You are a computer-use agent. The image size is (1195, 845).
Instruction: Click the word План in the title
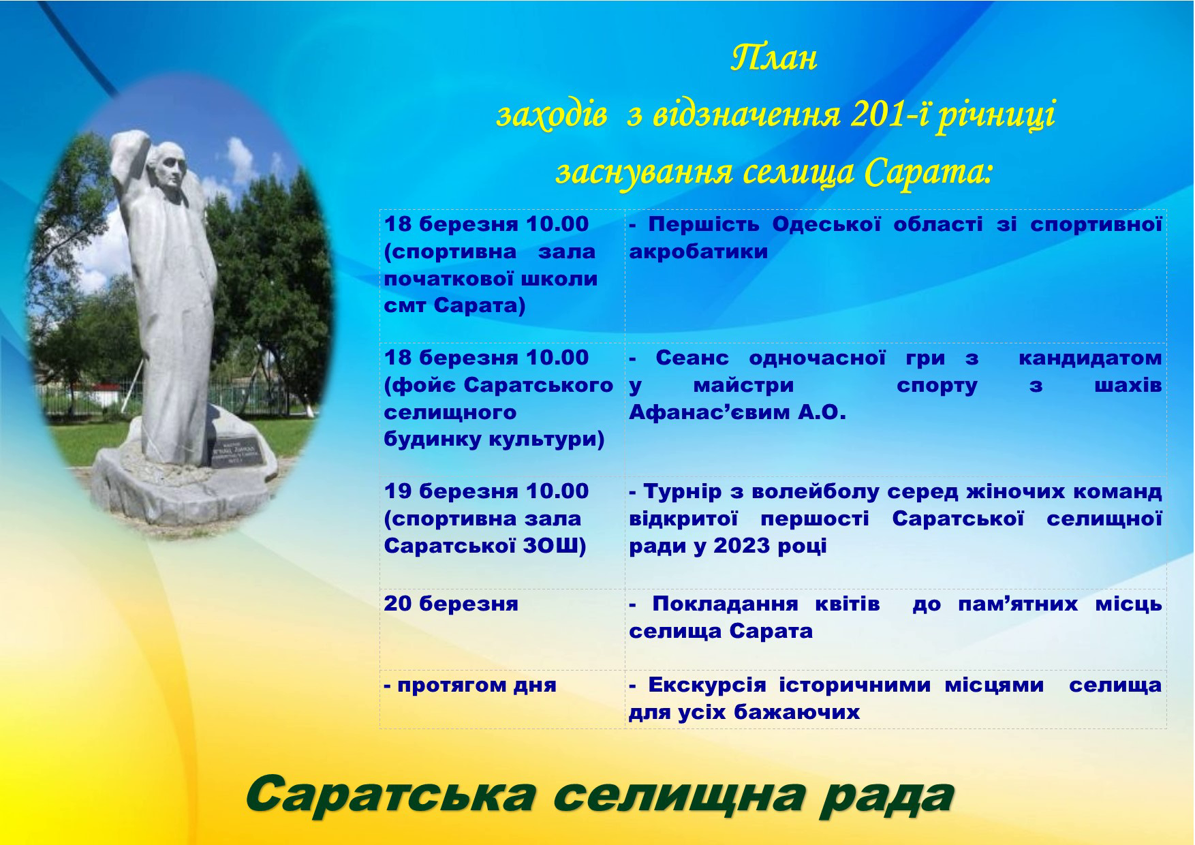[x=773, y=59]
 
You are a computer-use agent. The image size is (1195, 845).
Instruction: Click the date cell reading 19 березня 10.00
[x=486, y=491]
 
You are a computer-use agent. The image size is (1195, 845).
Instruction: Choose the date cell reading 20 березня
[x=451, y=604]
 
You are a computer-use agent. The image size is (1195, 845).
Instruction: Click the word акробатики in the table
[x=698, y=251]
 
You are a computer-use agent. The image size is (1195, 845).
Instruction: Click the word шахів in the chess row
[x=1128, y=385]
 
